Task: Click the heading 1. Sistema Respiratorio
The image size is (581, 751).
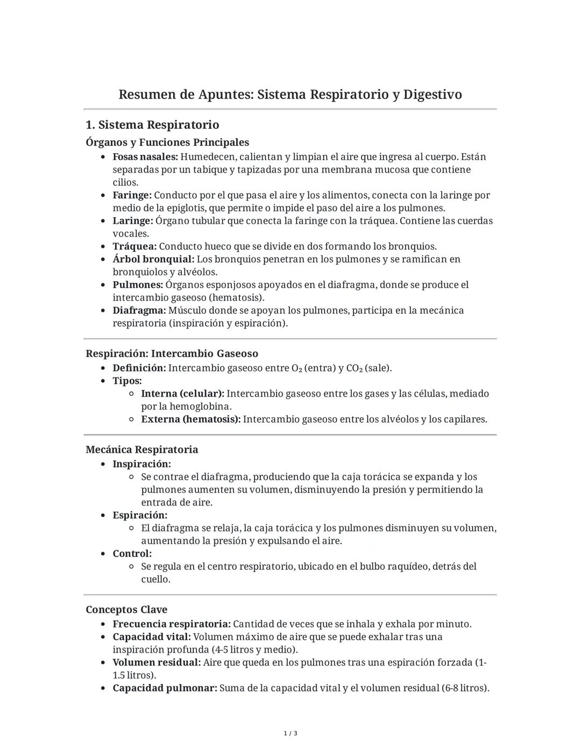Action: click(152, 125)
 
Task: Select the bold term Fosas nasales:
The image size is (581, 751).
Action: click(145, 157)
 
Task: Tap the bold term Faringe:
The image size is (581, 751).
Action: click(132, 195)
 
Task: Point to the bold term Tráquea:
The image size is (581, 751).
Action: click(134, 246)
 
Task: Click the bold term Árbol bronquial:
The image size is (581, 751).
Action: click(153, 259)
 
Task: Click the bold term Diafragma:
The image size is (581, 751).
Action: click(139, 310)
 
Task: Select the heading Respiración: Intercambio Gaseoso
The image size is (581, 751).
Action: click(172, 354)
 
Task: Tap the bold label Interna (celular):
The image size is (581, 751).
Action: click(182, 394)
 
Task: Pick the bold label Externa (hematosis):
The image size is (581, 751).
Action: click(190, 419)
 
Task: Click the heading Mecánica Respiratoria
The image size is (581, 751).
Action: click(141, 449)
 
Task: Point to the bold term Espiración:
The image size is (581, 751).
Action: click(140, 515)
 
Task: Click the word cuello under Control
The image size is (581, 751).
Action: click(155, 580)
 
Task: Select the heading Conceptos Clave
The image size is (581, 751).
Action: click(126, 610)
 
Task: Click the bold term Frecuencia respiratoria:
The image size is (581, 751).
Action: click(172, 624)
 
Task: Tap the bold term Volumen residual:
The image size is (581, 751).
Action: click(157, 662)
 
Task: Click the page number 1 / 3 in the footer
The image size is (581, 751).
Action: click(290, 733)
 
